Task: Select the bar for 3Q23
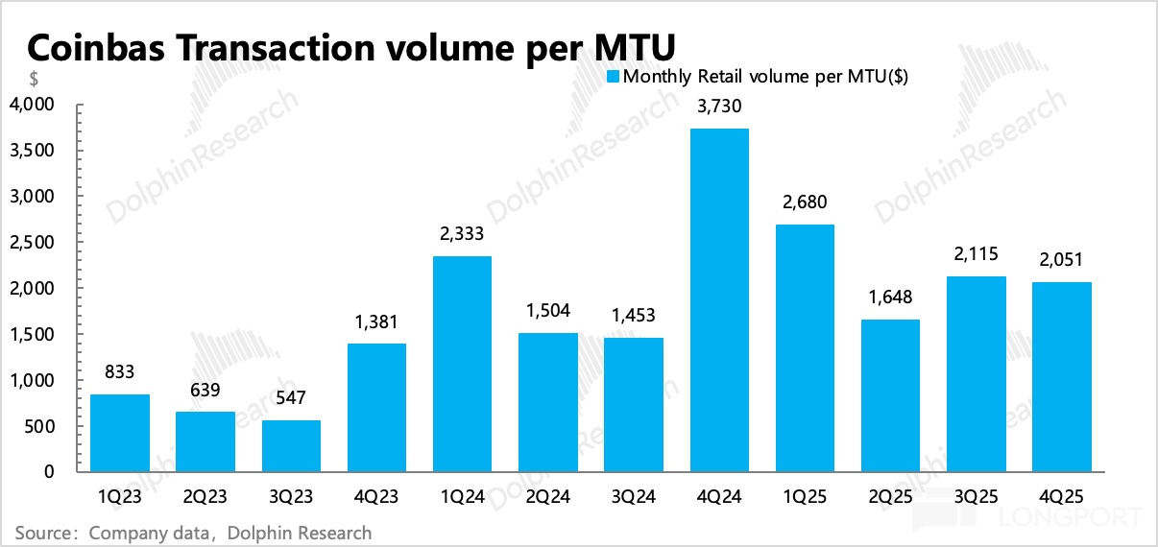coord(291,446)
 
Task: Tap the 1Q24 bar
coord(462,364)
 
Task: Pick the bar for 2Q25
coord(890,395)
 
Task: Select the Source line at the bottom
coord(193,531)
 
